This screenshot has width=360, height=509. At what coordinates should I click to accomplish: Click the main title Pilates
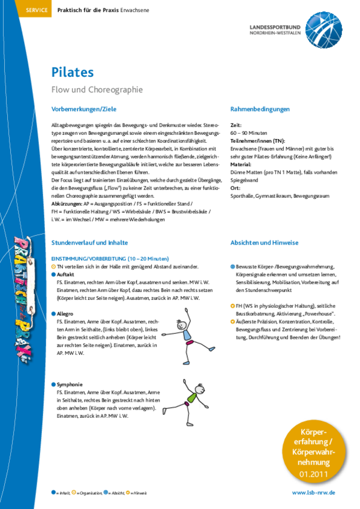point(72,73)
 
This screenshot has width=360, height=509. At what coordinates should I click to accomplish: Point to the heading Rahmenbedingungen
point(260,109)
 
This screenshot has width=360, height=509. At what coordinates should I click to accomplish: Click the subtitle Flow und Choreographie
point(97,90)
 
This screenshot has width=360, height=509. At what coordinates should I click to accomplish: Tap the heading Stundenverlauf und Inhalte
point(89,243)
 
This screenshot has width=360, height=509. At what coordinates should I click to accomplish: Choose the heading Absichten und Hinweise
point(264,243)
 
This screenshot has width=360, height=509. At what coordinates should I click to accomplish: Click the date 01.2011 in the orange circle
point(313,474)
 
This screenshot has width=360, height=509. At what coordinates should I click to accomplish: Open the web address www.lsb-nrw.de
point(313,492)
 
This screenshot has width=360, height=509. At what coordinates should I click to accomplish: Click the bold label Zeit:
point(236,124)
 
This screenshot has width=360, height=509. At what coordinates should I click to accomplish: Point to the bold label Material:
point(240,164)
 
